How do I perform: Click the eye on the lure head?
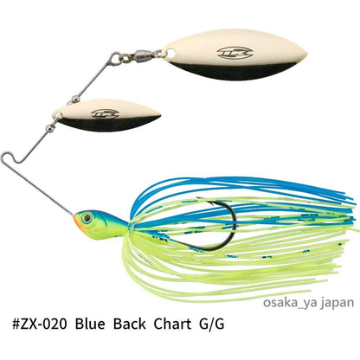click(87, 218)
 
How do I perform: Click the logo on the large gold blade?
click(235, 53)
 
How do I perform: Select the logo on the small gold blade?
click(105, 114)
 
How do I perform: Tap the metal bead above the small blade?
click(76, 99)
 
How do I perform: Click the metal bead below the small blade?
click(50, 129)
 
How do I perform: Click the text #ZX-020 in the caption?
click(40, 324)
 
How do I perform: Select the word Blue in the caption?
click(90, 324)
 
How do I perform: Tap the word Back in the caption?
click(129, 324)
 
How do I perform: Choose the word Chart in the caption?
click(172, 324)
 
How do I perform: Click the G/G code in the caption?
click(212, 324)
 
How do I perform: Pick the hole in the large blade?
click(170, 53)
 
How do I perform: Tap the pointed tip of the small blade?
click(160, 114)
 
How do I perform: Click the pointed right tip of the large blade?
click(305, 55)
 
